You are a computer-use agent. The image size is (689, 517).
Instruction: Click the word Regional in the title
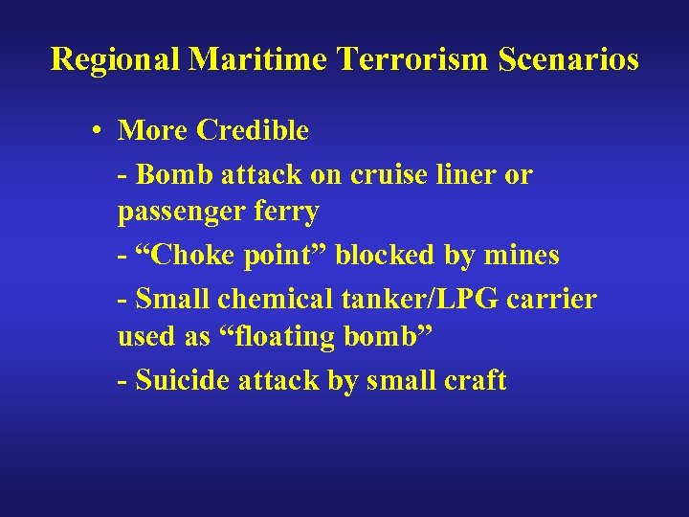click(x=116, y=60)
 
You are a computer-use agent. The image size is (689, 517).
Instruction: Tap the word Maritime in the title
click(x=259, y=60)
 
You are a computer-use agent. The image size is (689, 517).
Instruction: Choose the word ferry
click(x=284, y=213)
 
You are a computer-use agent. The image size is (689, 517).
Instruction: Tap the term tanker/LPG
click(x=417, y=299)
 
